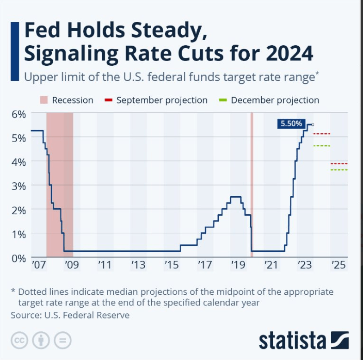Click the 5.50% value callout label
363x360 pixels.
(291, 124)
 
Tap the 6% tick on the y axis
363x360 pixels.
(19, 114)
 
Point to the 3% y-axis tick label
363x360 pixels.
(19, 186)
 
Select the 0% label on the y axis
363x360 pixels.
(19, 258)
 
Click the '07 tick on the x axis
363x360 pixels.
(39, 265)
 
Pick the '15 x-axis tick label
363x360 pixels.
(172, 265)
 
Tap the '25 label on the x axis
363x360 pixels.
(338, 265)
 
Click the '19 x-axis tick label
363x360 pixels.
(238, 265)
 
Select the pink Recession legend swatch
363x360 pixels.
(44, 100)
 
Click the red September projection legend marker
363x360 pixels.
(108, 100)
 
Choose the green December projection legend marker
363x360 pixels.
(223, 100)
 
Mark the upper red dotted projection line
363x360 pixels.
(322, 134)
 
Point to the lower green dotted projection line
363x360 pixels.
(339, 170)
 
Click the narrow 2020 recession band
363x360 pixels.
(252, 185)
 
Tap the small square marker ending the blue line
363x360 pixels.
(313, 124)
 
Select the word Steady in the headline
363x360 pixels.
(169, 30)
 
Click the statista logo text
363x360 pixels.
(292, 341)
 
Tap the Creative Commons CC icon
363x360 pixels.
(19, 340)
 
